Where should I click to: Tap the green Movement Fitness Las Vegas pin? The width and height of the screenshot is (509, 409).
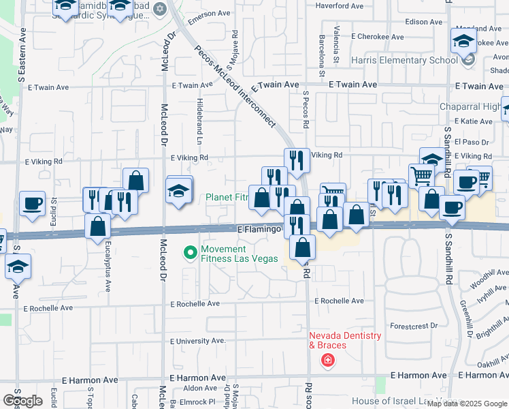191,253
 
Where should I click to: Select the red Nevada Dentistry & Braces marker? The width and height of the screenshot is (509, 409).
328,359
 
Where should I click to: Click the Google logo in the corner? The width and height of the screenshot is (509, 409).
23,401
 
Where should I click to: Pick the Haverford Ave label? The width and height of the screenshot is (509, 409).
339,5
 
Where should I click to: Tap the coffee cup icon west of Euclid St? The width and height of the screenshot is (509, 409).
32,204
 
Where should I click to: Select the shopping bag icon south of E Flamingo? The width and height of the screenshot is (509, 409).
303,247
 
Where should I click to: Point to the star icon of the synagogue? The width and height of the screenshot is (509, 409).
161,9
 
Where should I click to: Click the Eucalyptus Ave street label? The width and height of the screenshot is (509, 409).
108,273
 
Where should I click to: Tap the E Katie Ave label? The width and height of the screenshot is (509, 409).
476,121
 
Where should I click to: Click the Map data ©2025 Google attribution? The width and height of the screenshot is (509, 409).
466,404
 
